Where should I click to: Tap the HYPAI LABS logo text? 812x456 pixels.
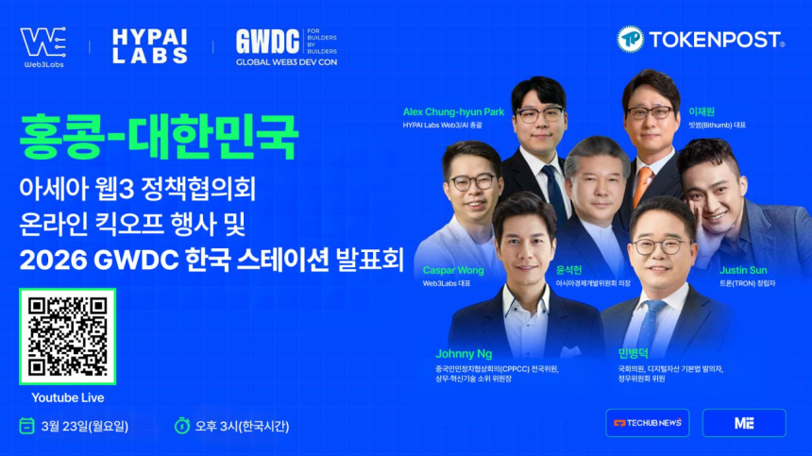coord(149,45)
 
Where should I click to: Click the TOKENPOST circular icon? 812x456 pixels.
coord(631,40)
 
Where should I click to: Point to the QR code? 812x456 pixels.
coord(67,337)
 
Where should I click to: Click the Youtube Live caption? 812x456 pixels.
coord(67,397)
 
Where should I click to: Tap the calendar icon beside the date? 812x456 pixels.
coord(26,426)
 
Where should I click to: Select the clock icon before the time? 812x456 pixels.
coord(182,426)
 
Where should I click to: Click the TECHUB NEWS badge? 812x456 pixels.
coord(648,423)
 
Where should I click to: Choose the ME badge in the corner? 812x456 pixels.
coord(744,423)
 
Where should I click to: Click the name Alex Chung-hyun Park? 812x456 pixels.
coord(453,111)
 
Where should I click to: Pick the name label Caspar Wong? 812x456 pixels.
coord(453,270)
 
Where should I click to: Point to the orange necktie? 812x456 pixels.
coord(642,184)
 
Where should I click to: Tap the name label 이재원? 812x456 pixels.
coord(699,111)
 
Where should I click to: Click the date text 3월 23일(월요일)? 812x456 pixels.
coord(85,426)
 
